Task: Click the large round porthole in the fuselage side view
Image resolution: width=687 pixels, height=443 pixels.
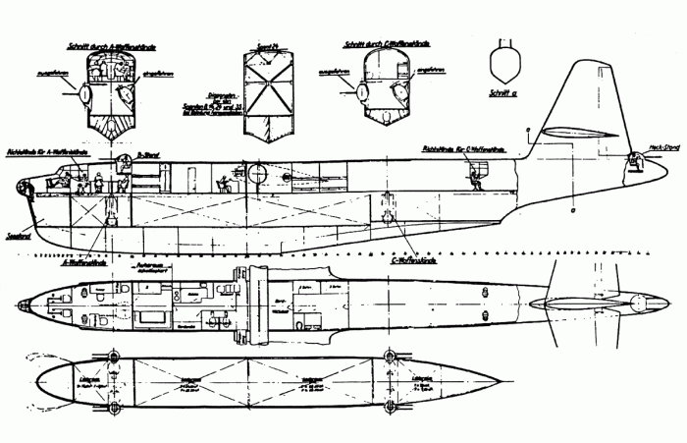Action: (x=259, y=176)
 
